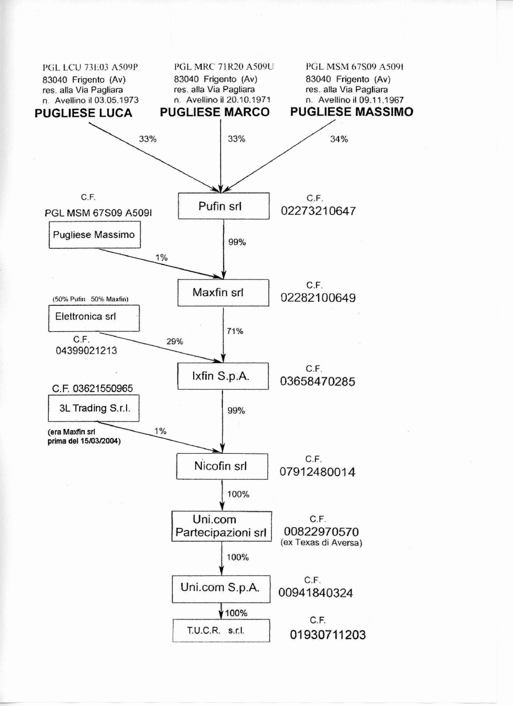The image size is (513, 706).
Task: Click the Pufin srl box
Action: (x=223, y=206)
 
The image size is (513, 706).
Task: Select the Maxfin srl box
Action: (x=223, y=293)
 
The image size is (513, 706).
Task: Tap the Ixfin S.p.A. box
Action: (x=223, y=376)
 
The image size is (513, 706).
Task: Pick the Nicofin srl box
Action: (x=222, y=466)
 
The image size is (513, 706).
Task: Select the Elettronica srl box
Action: (x=94, y=318)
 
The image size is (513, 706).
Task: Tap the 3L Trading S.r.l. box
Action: (x=94, y=408)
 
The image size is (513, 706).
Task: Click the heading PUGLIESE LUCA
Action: (x=83, y=113)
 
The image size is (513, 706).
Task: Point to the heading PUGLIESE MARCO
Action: (x=215, y=112)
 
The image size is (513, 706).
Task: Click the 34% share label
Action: (x=339, y=139)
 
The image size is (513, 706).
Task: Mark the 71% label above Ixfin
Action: (x=235, y=331)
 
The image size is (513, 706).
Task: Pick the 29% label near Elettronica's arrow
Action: (x=175, y=341)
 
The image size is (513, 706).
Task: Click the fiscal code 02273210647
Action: (x=318, y=211)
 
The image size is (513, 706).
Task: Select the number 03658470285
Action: (x=317, y=382)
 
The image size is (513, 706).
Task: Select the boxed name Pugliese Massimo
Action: (x=94, y=235)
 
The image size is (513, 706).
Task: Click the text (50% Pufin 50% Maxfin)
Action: (x=90, y=299)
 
